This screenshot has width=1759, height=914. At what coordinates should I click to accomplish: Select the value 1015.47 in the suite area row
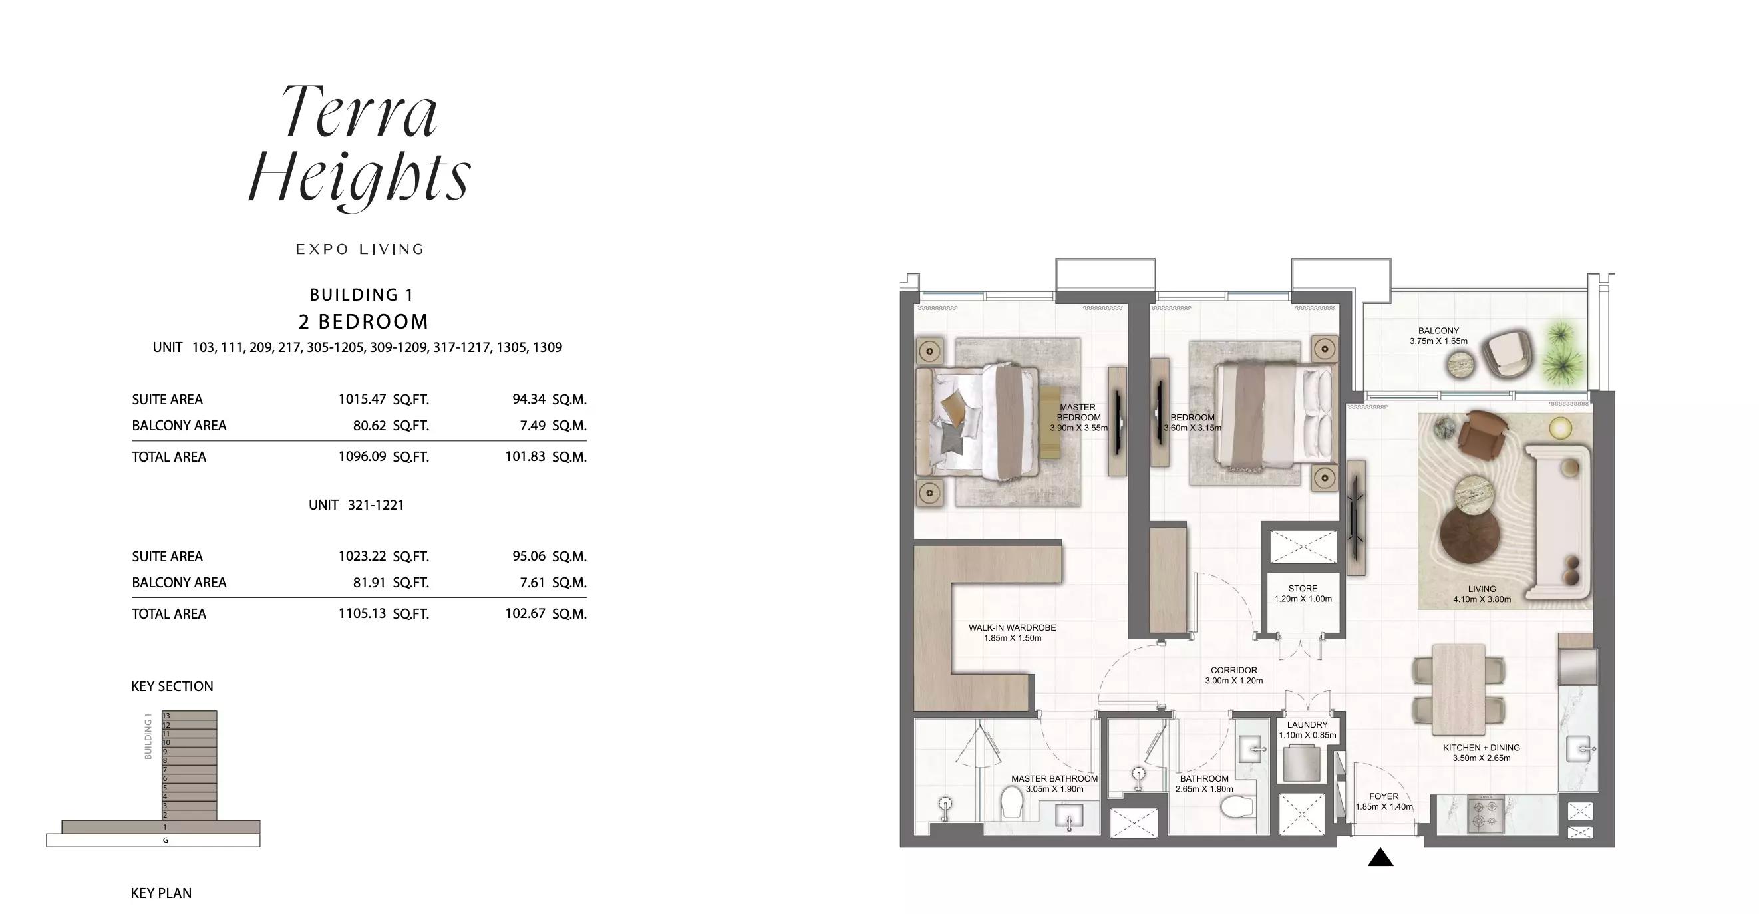(362, 399)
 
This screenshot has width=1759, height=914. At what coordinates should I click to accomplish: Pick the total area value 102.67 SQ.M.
(546, 613)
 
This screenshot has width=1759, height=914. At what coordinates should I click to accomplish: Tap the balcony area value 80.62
(369, 425)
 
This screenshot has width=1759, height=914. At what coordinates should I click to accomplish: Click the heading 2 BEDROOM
(364, 321)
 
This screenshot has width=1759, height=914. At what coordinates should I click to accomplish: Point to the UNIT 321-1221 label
(357, 505)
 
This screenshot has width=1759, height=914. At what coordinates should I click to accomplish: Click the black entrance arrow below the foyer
(1380, 857)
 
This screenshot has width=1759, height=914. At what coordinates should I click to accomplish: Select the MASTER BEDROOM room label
(1079, 412)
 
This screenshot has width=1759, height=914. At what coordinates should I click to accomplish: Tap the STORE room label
(1303, 589)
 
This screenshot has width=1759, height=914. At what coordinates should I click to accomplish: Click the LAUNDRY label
(1307, 725)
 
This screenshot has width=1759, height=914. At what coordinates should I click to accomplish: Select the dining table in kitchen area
(1458, 689)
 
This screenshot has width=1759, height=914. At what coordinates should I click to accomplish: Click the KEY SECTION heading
(172, 686)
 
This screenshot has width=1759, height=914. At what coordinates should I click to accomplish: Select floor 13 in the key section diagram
(189, 715)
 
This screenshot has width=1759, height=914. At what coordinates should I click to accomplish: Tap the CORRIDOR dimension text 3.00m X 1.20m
(1234, 681)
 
